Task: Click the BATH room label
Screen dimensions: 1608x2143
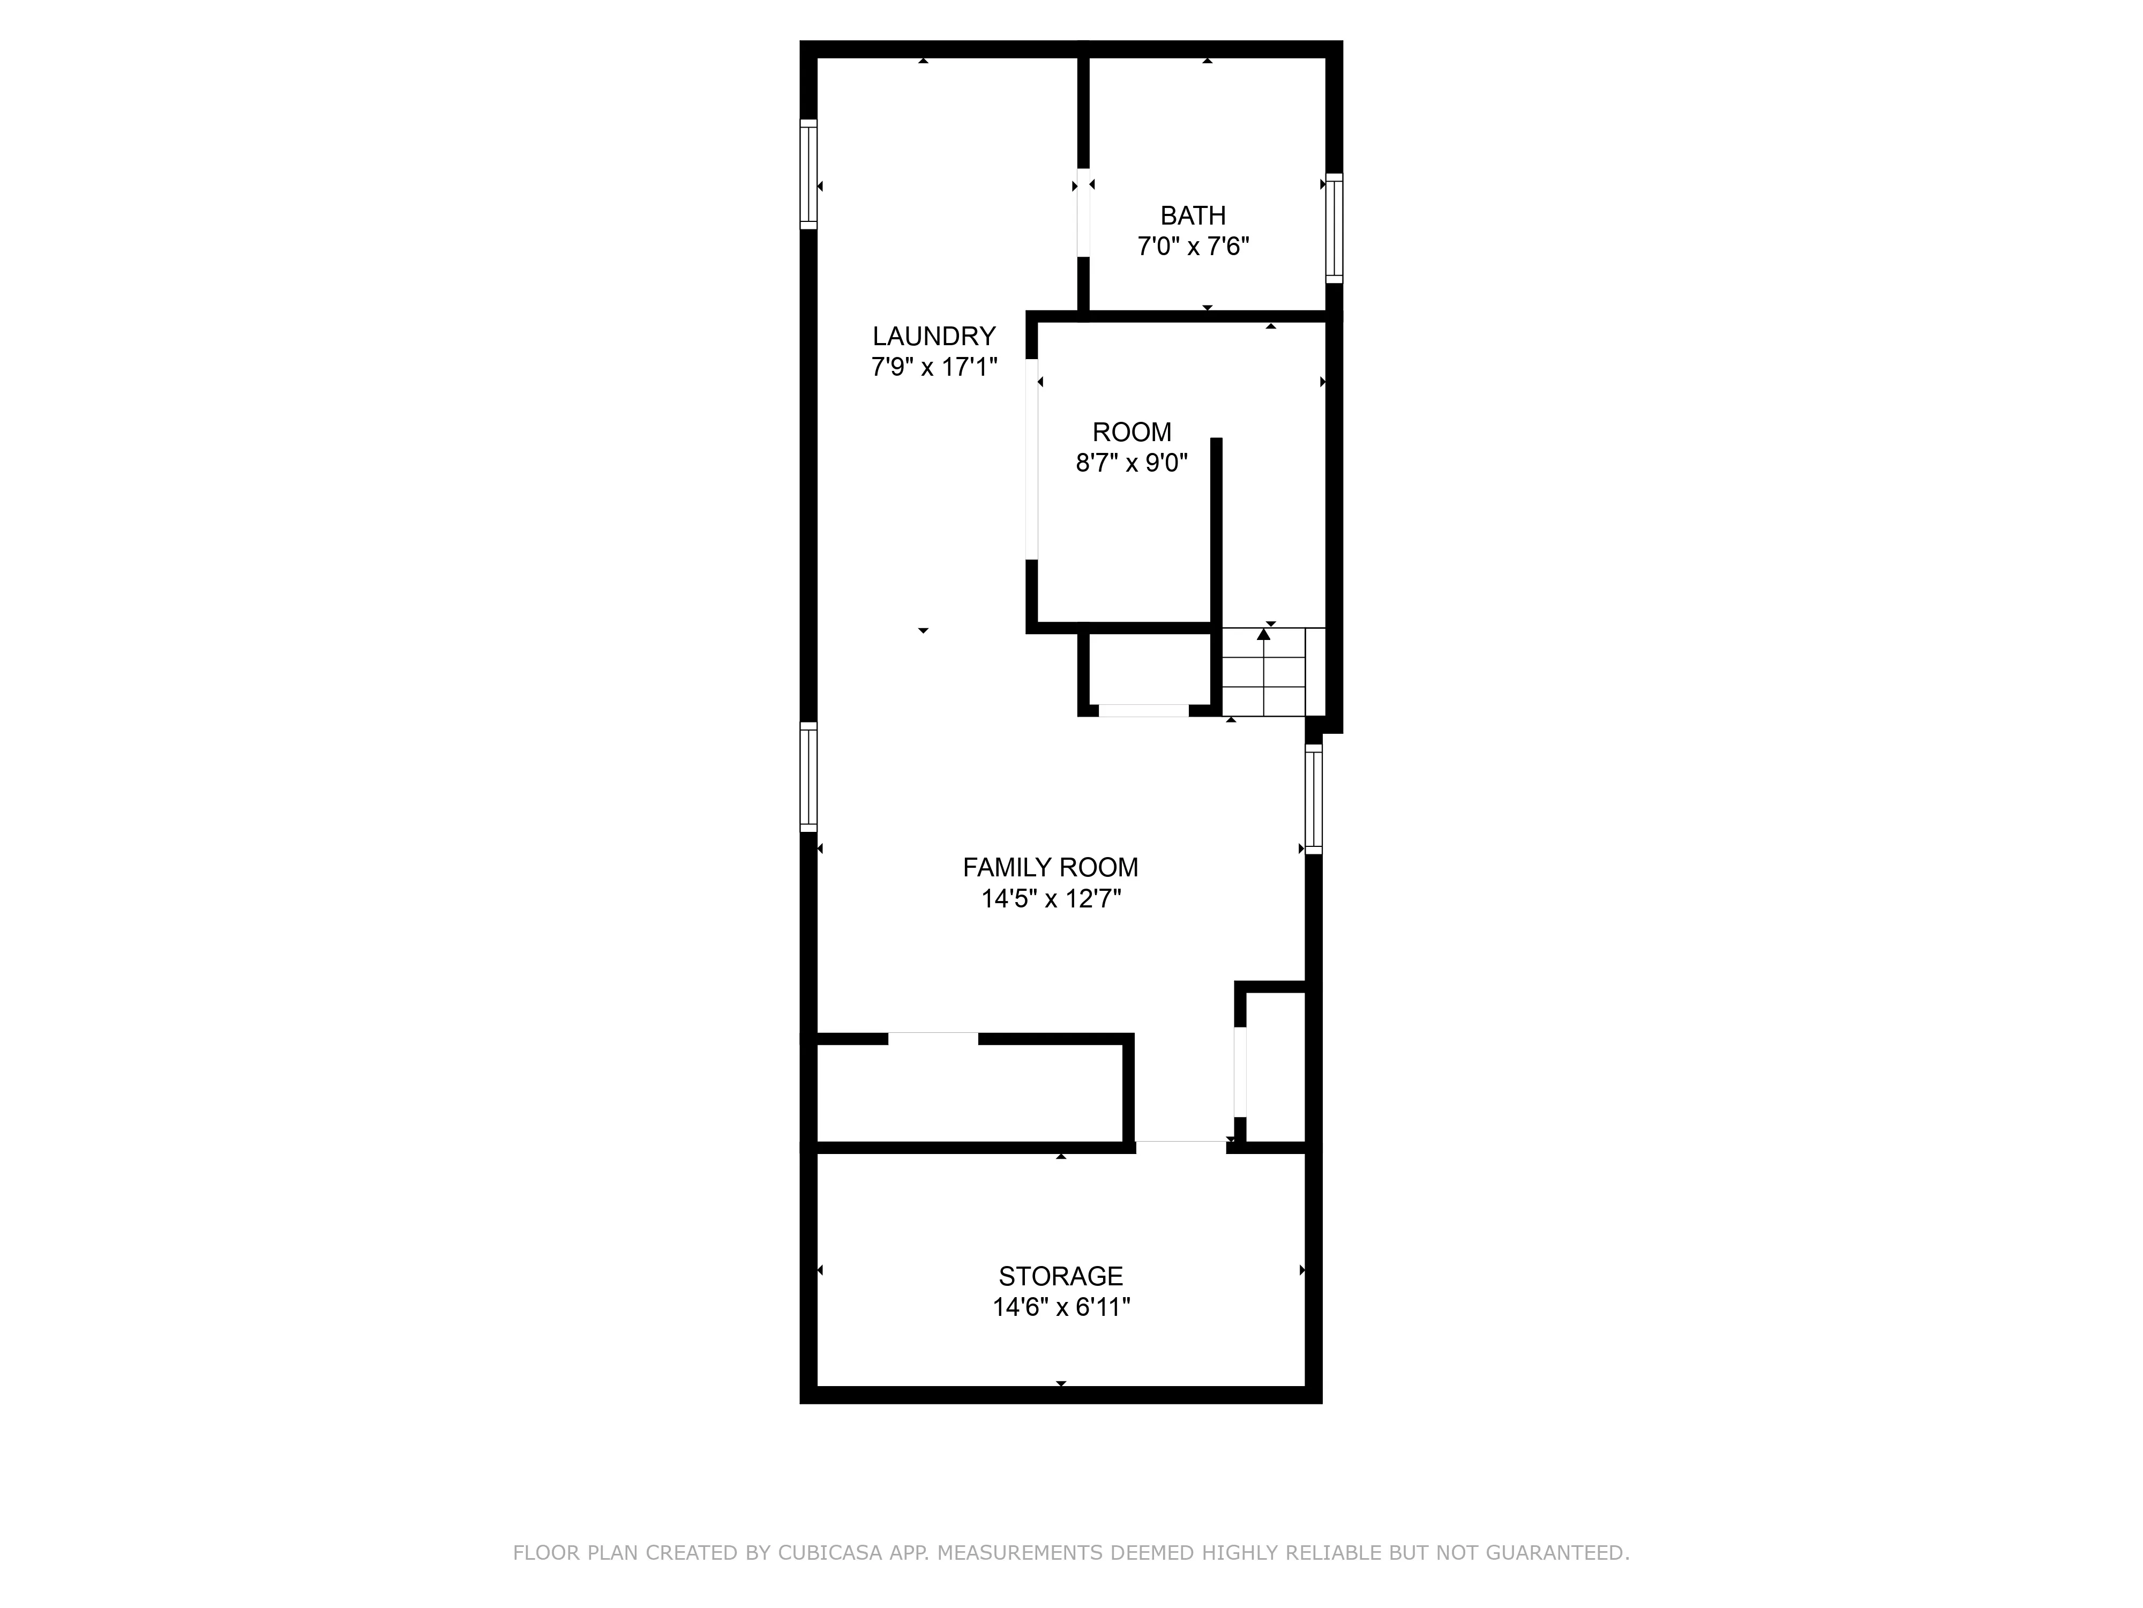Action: click(1193, 215)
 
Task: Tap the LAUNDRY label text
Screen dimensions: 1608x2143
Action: click(934, 336)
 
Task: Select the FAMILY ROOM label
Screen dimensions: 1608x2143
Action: click(1050, 867)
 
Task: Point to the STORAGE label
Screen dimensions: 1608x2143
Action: click(1061, 1276)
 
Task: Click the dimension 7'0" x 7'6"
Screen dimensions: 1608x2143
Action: click(1193, 246)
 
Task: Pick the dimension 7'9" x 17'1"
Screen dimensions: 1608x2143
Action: click(934, 367)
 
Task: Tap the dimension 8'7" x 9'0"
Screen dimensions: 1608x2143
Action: click(1132, 463)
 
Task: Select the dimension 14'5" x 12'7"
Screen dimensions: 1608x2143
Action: click(1050, 898)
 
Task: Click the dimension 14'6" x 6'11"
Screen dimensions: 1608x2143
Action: click(1061, 1307)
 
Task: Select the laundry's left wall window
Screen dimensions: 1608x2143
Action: click(808, 174)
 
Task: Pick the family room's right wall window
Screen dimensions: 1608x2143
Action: click(1314, 799)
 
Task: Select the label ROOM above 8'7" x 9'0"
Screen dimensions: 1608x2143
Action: click(1132, 433)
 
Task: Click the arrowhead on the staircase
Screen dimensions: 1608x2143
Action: click(1263, 634)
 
